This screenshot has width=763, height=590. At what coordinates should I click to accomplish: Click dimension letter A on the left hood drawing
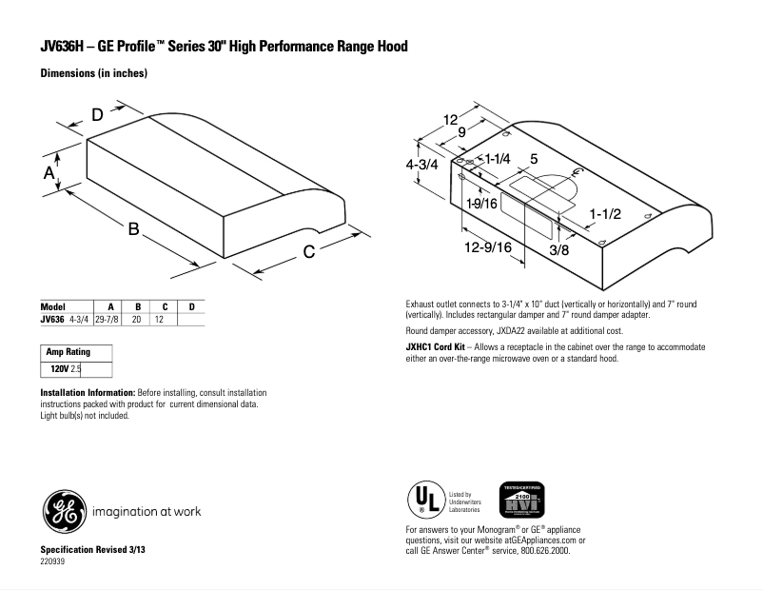[x=49, y=172]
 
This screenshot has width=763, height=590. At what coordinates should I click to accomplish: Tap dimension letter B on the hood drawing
[x=134, y=229]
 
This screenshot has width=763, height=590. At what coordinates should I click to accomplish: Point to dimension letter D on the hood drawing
[x=97, y=115]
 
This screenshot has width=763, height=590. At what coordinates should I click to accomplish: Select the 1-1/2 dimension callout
[x=605, y=214]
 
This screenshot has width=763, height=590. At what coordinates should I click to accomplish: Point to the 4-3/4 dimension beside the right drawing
[x=421, y=164]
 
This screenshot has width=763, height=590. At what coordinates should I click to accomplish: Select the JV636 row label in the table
[x=52, y=320]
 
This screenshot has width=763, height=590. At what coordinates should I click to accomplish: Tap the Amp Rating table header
[x=68, y=352]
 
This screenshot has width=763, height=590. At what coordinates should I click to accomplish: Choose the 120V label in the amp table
[x=60, y=366]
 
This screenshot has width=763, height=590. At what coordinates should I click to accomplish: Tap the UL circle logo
[x=423, y=500]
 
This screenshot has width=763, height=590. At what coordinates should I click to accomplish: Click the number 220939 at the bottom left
[x=53, y=561]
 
